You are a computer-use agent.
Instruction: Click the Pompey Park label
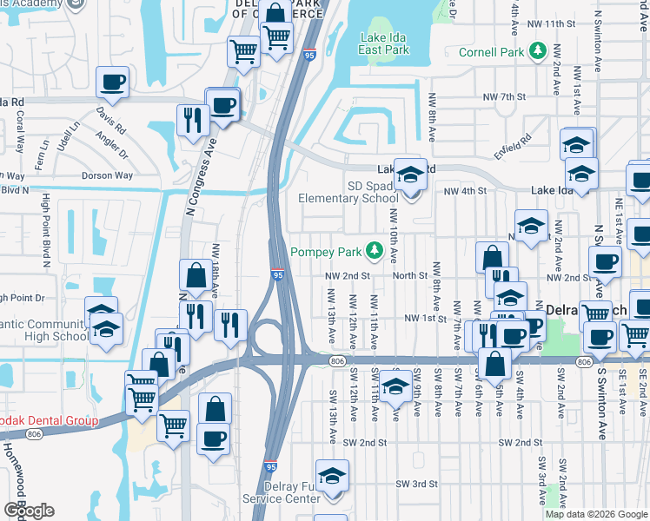tap(327, 252)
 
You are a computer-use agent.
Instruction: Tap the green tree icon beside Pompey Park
tap(375, 251)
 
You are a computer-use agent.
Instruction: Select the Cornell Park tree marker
tap(538, 52)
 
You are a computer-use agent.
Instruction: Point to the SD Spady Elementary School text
tap(348, 192)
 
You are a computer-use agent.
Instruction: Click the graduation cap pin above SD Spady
tap(409, 176)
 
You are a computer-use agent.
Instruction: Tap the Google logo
tap(29, 511)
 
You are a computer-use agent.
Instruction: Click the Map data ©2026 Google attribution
tap(596, 514)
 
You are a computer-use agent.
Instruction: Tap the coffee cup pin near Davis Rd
tap(112, 83)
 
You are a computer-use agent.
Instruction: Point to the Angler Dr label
tap(114, 145)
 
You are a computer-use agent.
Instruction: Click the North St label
tap(410, 275)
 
